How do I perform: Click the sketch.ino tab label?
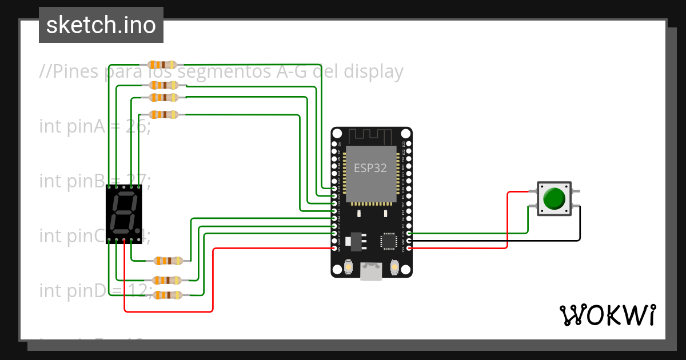tap(101, 25)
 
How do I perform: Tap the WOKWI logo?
tap(607, 315)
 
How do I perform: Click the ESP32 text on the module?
tap(370, 168)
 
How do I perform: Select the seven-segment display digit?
tap(123, 212)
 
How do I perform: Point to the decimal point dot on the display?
tap(137, 231)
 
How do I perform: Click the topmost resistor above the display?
tap(163, 64)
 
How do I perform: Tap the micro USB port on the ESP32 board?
tap(371, 271)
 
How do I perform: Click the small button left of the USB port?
tap(348, 267)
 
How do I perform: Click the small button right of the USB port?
tap(394, 267)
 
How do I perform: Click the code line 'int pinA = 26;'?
tap(95, 126)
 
